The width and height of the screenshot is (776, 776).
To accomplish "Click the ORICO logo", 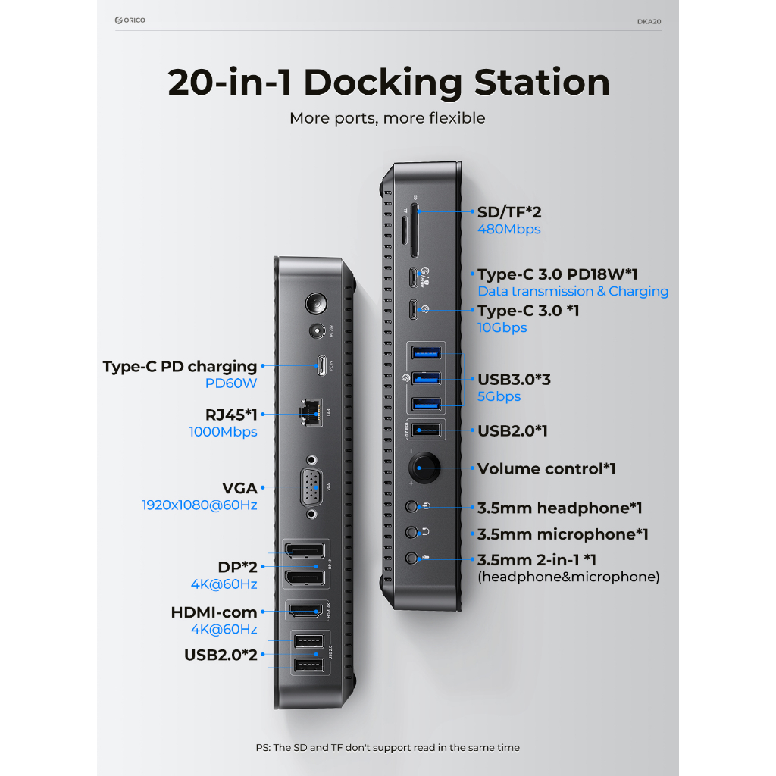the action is click(x=130, y=20).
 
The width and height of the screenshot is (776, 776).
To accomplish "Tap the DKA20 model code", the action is click(x=649, y=21).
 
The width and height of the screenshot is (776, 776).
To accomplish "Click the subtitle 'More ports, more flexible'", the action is click(x=387, y=118).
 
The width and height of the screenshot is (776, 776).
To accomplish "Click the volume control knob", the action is click(x=424, y=468).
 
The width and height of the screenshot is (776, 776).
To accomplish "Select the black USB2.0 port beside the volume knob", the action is click(x=425, y=430).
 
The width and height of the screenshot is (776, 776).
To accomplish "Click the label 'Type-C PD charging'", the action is click(x=180, y=367).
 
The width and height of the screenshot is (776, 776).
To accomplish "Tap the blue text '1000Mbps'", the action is click(x=223, y=432).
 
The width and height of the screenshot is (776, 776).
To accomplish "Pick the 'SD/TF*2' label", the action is click(x=509, y=212).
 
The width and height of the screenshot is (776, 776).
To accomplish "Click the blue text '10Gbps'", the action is click(x=502, y=327).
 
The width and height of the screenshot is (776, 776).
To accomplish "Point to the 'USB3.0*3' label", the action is click(x=514, y=379).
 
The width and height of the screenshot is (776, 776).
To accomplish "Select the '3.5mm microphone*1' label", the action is click(x=562, y=534).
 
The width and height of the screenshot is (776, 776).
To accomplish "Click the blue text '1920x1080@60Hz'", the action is click(x=199, y=505).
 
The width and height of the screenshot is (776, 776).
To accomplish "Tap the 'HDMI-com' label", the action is click(x=214, y=612).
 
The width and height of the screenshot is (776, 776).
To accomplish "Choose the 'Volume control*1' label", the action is click(x=546, y=468).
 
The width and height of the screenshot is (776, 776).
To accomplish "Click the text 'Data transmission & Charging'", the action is click(x=573, y=291).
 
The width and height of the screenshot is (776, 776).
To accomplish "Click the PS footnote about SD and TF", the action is click(x=387, y=747).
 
